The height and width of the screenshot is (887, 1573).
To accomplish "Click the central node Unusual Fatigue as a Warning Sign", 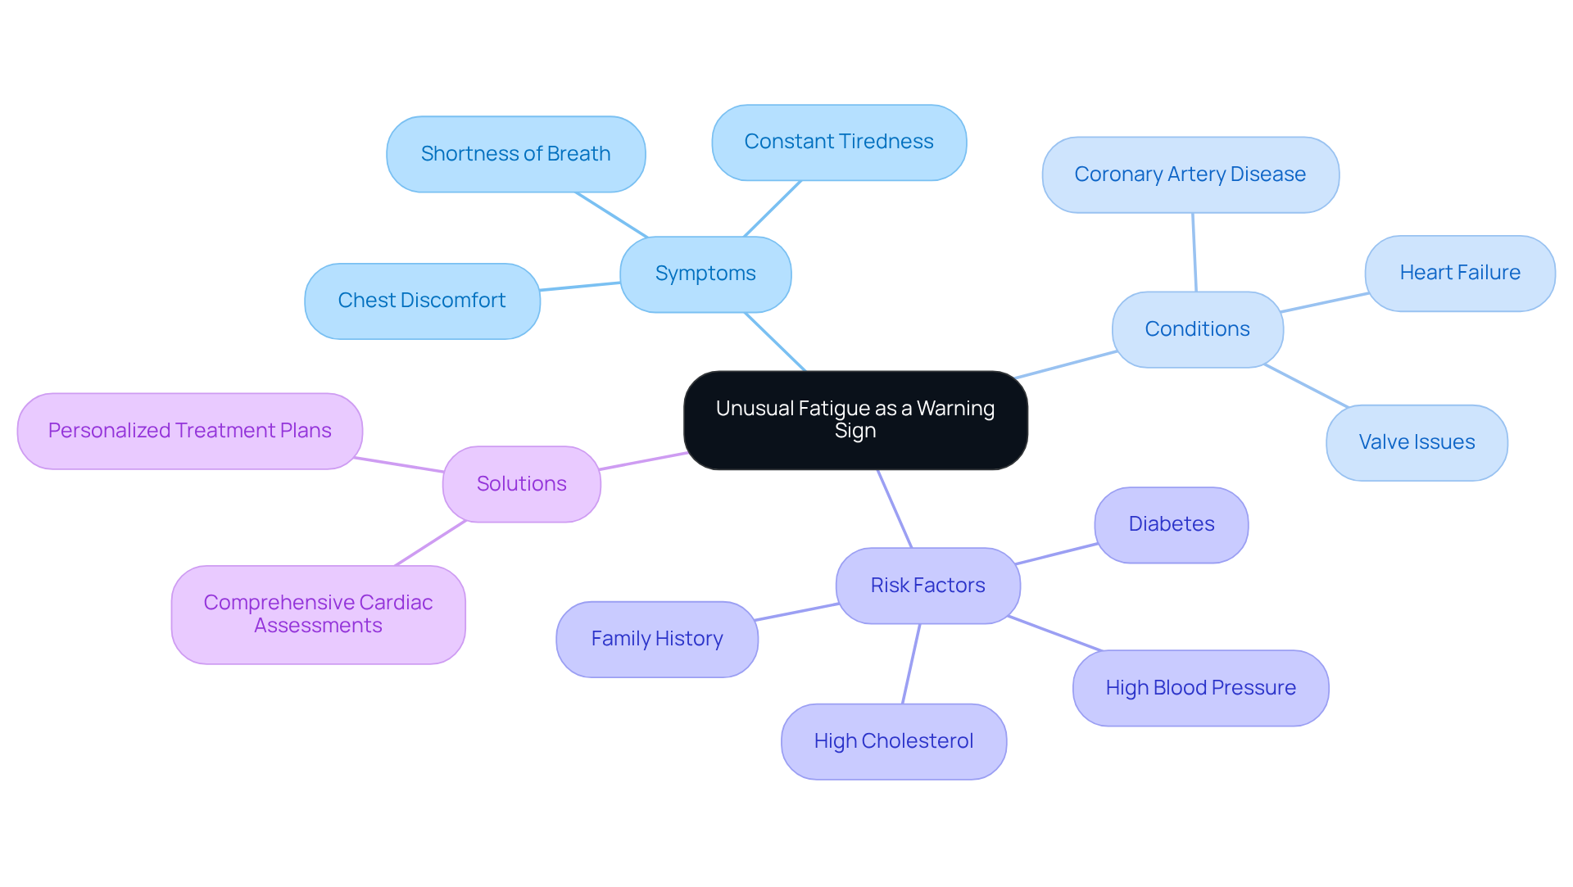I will (855, 419).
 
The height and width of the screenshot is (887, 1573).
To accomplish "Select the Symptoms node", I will (705, 274).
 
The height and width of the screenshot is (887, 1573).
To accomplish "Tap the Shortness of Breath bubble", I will (515, 154).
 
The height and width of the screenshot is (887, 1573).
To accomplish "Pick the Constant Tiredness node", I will (839, 142).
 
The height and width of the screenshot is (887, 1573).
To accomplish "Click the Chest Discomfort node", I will (422, 301).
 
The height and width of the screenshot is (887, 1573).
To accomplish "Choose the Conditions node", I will (1197, 329).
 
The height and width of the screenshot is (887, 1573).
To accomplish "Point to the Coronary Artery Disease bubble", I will (1190, 174).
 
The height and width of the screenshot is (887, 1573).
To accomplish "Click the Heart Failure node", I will (1459, 273).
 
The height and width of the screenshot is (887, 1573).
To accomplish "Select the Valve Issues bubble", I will (1417, 442).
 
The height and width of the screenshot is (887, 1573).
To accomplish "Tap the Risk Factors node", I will (927, 586).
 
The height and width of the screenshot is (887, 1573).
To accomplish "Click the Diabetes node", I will (1171, 524).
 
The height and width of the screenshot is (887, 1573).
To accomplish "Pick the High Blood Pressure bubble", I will (1200, 688).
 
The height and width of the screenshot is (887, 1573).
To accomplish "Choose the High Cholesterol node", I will (893, 741).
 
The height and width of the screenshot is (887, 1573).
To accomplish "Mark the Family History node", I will (656, 639).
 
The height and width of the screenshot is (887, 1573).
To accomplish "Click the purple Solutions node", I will (521, 484).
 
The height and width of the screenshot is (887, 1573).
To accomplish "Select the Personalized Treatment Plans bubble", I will (189, 431).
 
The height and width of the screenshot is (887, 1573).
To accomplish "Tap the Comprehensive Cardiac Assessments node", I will (318, 614).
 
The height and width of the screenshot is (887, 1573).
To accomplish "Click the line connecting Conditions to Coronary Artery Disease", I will (1194, 252).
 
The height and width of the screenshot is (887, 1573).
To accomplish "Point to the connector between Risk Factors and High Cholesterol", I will (911, 663).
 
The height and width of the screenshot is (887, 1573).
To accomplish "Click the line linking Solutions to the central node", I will (643, 461).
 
